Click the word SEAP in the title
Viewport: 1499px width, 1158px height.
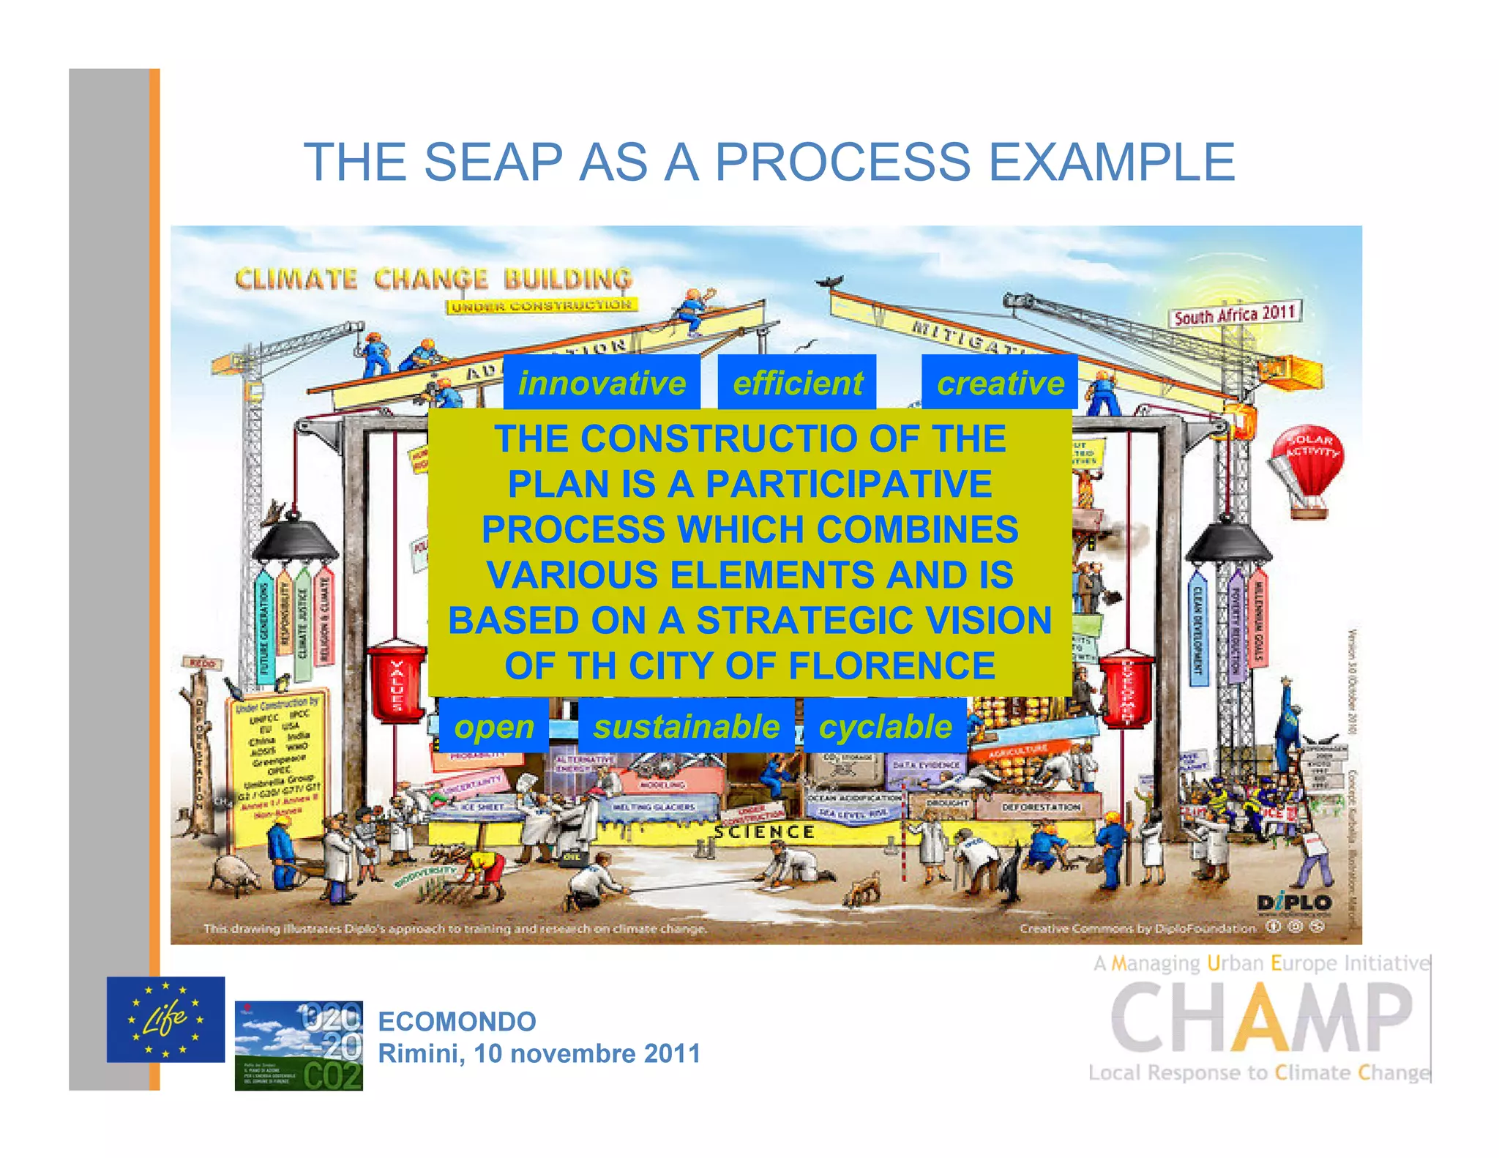tap(493, 162)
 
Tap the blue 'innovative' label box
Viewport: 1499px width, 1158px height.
tap(602, 383)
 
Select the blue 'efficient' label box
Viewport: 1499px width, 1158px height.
tap(797, 383)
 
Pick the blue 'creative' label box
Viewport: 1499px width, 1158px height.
tap(1000, 383)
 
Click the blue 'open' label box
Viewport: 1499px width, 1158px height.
tap(494, 726)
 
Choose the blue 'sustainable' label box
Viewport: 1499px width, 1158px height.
tap(686, 726)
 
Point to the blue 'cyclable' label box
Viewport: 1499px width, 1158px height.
tap(885, 726)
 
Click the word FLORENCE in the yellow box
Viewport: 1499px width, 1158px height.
tap(891, 666)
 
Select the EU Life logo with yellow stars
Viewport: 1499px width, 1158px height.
tap(165, 1019)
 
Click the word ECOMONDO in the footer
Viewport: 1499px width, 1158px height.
tap(457, 1021)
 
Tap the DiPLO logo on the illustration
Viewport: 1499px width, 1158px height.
tap(1294, 903)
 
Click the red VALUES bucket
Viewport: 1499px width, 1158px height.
tap(396, 682)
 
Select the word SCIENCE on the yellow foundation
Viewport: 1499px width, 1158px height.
tap(764, 832)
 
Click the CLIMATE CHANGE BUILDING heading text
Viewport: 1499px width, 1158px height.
tap(433, 279)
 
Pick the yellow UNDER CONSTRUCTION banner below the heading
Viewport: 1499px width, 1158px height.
tap(541, 305)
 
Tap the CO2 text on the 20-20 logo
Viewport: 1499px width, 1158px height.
tap(332, 1076)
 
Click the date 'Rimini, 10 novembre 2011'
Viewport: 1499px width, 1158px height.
tap(539, 1053)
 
